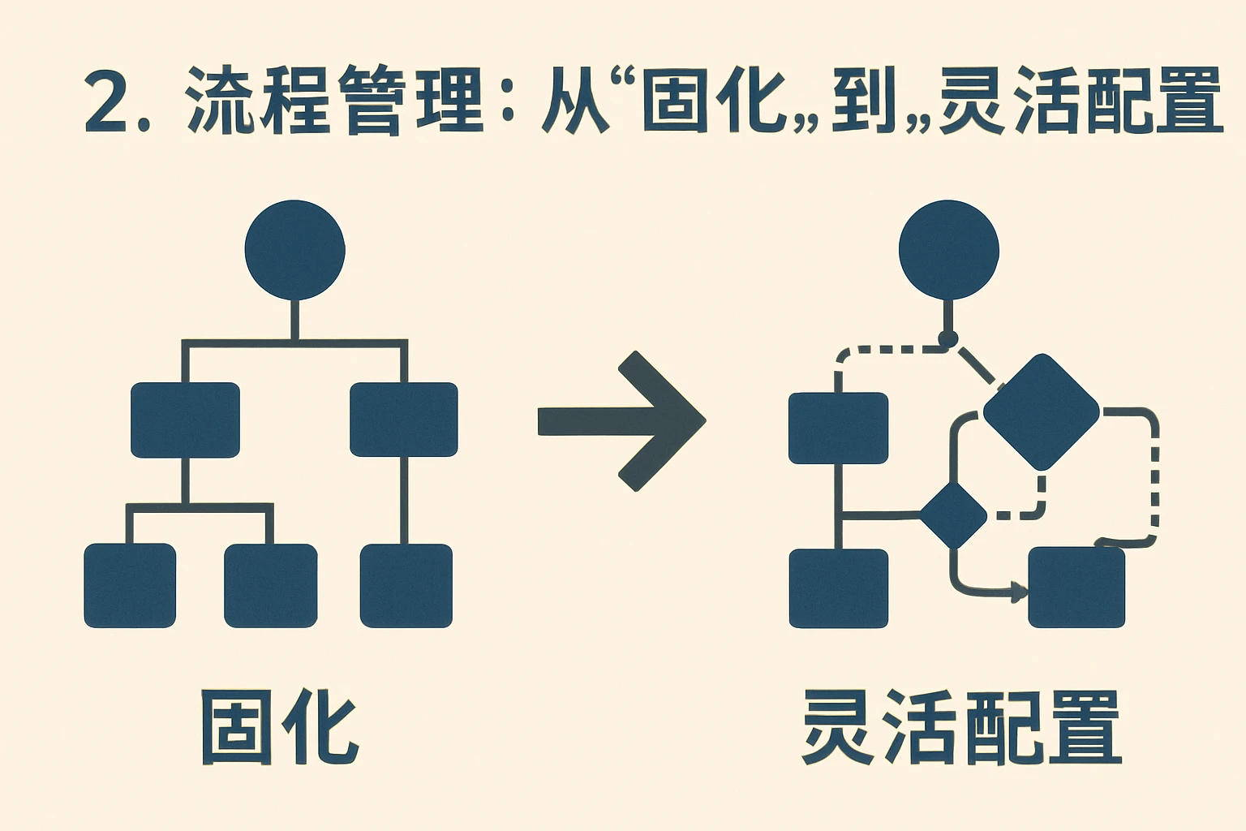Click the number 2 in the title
(x=107, y=101)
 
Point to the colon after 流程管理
(x=509, y=103)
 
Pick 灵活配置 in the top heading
(x=1079, y=101)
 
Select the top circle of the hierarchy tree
(x=294, y=250)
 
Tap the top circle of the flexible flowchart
(x=948, y=250)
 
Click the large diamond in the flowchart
(x=1041, y=411)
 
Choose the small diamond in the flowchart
(x=953, y=515)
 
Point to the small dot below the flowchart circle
(x=947, y=338)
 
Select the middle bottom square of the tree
(x=270, y=585)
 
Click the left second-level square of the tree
(x=185, y=420)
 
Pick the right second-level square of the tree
(x=403, y=420)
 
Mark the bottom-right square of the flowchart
(x=1076, y=588)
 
